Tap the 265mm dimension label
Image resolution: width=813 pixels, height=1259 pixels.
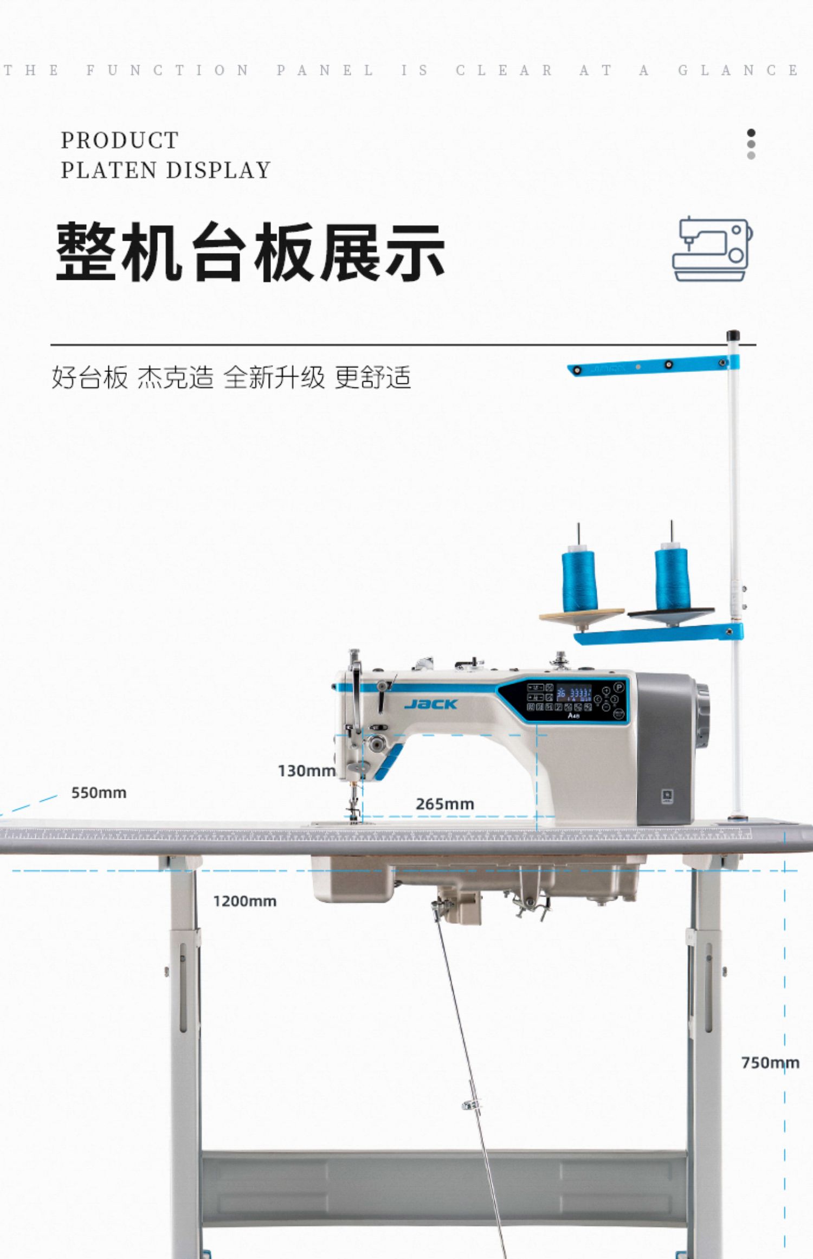(x=444, y=804)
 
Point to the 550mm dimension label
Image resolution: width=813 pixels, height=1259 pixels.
(x=99, y=793)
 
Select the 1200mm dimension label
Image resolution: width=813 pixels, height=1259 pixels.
(x=244, y=901)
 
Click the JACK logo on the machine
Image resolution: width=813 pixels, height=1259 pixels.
(x=431, y=704)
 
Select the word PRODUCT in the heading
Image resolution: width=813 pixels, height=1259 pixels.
(x=120, y=140)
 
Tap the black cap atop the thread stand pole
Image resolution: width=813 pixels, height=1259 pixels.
(x=733, y=335)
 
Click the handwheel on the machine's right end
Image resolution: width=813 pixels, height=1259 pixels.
(x=702, y=716)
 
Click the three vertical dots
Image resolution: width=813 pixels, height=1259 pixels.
(x=751, y=144)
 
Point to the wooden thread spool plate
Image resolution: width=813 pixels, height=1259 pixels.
(x=582, y=616)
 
